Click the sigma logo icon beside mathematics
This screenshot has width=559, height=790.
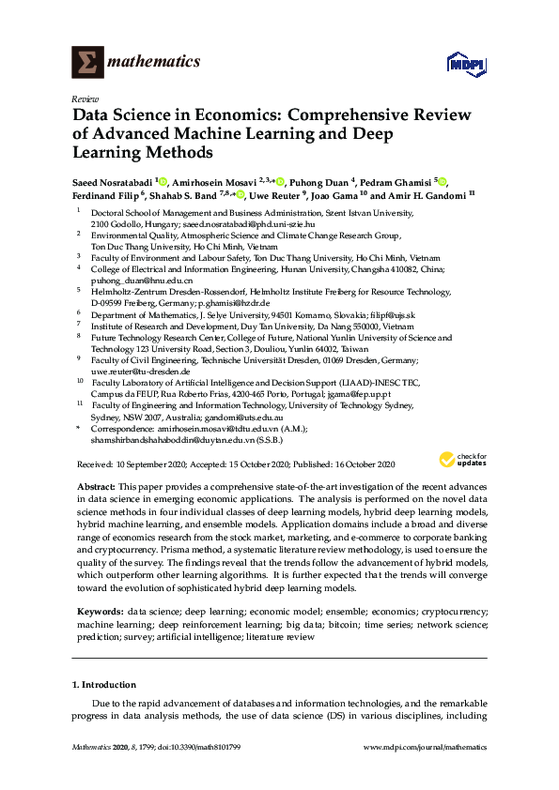point(87,62)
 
